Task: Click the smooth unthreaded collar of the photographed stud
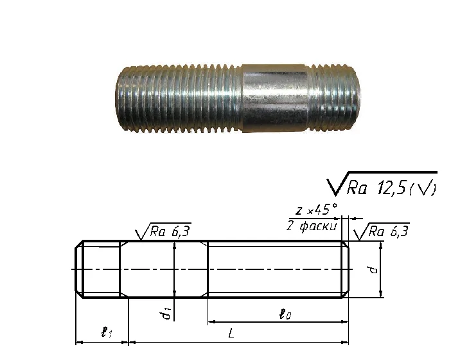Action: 275,98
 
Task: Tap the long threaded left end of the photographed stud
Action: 179,98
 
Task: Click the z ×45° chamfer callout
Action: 316,210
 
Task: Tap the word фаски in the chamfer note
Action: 318,226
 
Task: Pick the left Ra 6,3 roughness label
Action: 170,231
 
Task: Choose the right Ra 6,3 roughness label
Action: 389,231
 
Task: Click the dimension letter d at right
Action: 373,269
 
